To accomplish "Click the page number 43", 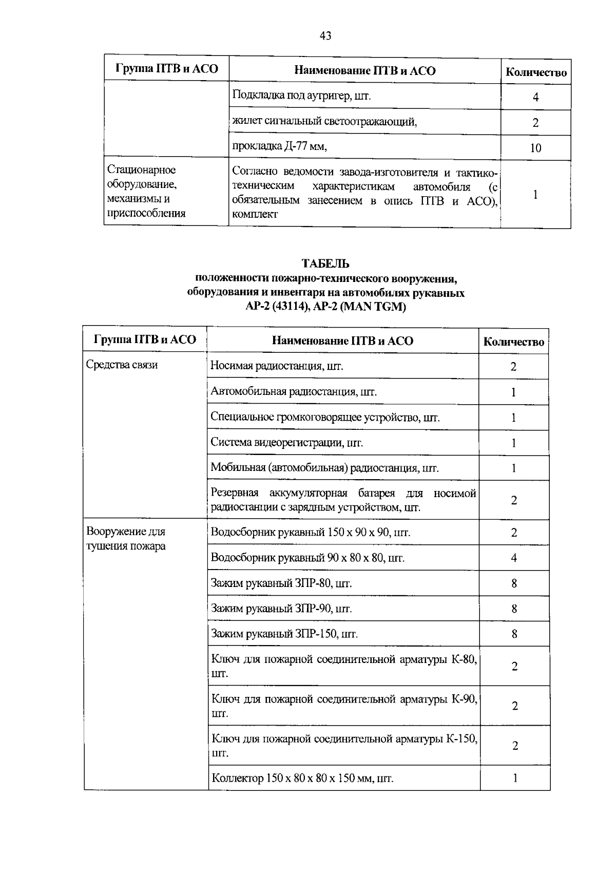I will tap(325, 36).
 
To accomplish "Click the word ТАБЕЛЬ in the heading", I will tap(325, 264).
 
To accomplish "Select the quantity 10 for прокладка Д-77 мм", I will tap(535, 148).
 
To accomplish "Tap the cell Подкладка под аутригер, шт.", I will tap(301, 96).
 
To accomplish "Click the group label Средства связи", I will tap(122, 365).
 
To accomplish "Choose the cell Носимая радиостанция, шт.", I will tap(277, 366).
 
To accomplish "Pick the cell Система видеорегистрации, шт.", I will tap(286, 443).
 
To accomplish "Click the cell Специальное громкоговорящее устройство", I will tap(325, 418).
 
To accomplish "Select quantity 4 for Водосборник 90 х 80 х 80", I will tap(514, 558).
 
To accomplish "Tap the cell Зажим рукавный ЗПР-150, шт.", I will tap(284, 634).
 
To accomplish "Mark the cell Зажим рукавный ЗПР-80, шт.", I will tap(281, 583).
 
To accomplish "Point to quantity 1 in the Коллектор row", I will tap(515, 778).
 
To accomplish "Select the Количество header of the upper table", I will tap(536, 72).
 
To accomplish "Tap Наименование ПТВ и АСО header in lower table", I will tap(342, 341).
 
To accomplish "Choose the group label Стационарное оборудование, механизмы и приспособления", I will tap(146, 192).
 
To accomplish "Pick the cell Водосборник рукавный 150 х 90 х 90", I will tap(311, 533).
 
